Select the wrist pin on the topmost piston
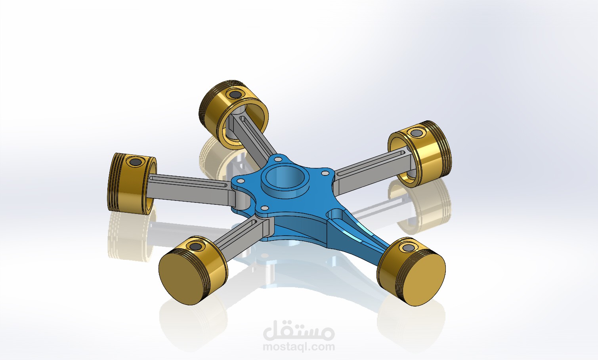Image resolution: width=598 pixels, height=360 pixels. (x=235, y=95)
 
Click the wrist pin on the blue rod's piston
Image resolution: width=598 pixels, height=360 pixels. (x=407, y=248)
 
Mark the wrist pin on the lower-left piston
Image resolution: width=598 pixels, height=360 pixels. (x=195, y=247)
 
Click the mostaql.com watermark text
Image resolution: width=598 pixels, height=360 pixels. (x=299, y=347)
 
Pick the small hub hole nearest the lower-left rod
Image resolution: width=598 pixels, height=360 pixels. (x=263, y=208)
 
